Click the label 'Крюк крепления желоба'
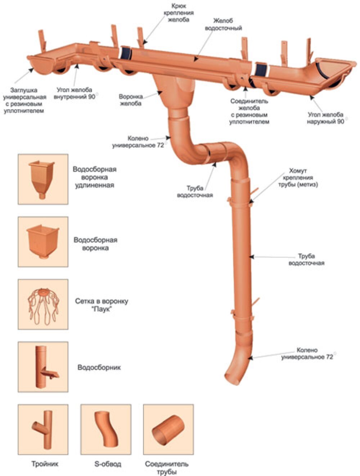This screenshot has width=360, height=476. click(x=178, y=13)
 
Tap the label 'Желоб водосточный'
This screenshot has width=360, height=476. click(x=223, y=24)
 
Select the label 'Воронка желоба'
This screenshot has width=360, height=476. click(x=131, y=100)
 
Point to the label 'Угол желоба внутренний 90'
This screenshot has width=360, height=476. click(x=75, y=93)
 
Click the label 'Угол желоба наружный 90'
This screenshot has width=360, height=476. click(x=325, y=118)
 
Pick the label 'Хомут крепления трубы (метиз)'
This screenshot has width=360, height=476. click(x=298, y=178)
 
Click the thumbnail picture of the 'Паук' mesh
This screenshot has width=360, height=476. click(x=43, y=304)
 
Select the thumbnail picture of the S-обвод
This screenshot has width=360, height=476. click(x=106, y=430)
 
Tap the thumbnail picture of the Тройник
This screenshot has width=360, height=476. click(x=43, y=430)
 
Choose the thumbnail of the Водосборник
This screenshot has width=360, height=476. click(x=43, y=367)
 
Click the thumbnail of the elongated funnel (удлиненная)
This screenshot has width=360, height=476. click(x=43, y=179)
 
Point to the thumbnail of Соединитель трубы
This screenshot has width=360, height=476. click(x=168, y=430)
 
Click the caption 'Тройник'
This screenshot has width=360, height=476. click(x=45, y=464)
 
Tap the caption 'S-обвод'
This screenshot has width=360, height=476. click(x=108, y=464)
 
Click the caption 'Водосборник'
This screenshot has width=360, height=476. click(x=99, y=367)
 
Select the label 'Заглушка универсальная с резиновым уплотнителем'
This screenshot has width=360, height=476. click(x=24, y=100)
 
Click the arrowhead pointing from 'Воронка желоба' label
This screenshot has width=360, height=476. click(x=160, y=93)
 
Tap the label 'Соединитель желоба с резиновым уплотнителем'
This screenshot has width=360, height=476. click(x=249, y=111)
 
